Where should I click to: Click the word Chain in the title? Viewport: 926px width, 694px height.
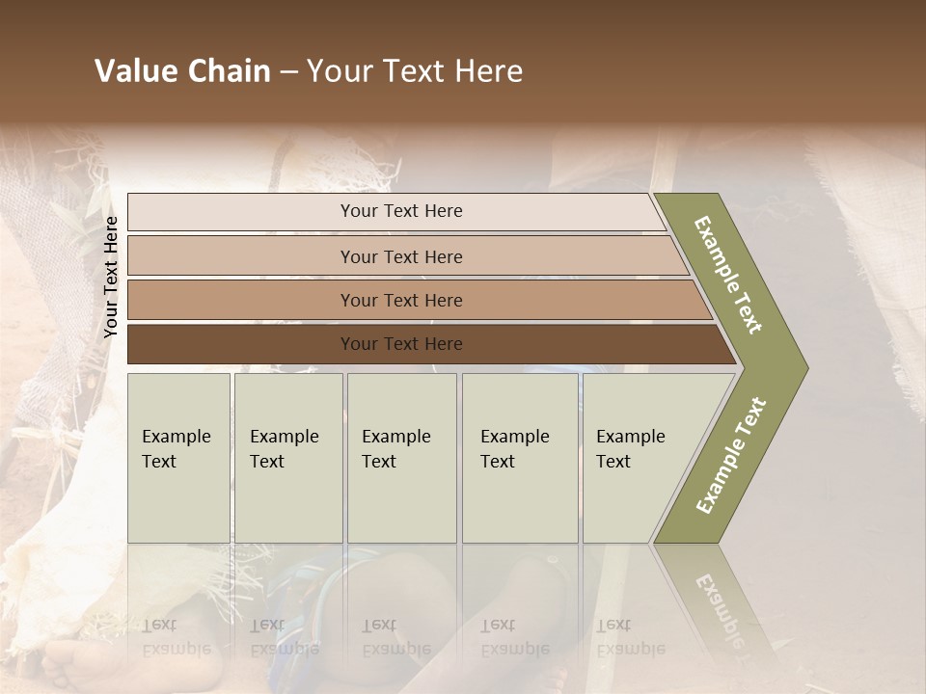click(x=228, y=71)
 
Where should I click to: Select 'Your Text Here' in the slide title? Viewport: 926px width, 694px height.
click(x=415, y=71)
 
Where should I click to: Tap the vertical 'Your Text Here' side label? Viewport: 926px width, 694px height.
click(x=111, y=277)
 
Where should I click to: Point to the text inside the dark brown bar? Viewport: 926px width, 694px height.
click(x=401, y=344)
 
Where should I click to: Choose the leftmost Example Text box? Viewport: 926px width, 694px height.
click(x=178, y=458)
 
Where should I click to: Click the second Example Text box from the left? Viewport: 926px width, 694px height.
click(x=288, y=458)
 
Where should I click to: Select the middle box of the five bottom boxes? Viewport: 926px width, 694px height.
click(x=401, y=458)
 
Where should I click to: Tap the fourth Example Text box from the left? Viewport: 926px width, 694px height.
click(x=520, y=458)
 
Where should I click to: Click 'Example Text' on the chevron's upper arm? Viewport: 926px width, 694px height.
click(x=728, y=276)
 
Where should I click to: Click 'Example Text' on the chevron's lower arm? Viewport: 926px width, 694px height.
click(x=731, y=455)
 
